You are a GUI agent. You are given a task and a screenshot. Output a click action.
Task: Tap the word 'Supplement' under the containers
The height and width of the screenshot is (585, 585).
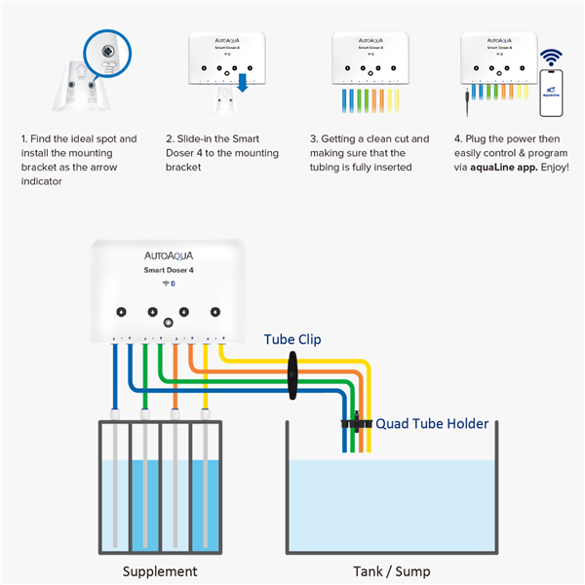(x=160, y=571)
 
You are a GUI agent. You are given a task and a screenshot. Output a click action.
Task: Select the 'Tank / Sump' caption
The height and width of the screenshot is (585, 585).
(x=391, y=571)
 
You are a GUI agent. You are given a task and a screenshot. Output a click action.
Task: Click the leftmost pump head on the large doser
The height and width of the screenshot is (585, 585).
(x=122, y=312)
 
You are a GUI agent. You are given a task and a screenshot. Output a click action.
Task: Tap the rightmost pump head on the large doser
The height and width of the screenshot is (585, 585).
(x=214, y=312)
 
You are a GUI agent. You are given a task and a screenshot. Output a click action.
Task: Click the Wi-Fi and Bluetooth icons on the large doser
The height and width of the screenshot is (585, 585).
(x=168, y=283)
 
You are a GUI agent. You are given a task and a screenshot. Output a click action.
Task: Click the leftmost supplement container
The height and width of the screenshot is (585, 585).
(x=115, y=487)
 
